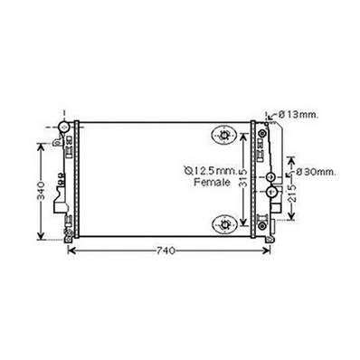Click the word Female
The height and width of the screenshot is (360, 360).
point(213,182)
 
